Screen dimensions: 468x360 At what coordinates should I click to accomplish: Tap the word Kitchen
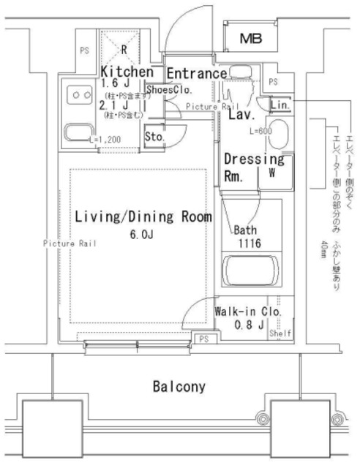127,72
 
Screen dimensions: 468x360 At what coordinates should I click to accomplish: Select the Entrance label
195,74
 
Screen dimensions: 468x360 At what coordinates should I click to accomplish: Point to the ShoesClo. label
168,90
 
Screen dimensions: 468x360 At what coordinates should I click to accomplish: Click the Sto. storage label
153,136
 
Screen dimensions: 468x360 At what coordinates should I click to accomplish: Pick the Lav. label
241,115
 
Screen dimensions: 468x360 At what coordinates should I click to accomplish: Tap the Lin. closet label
280,105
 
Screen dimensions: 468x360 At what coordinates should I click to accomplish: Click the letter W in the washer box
271,173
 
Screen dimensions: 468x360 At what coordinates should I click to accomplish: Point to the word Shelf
280,333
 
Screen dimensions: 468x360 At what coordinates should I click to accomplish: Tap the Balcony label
179,386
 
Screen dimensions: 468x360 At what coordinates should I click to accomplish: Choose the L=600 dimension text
260,131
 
